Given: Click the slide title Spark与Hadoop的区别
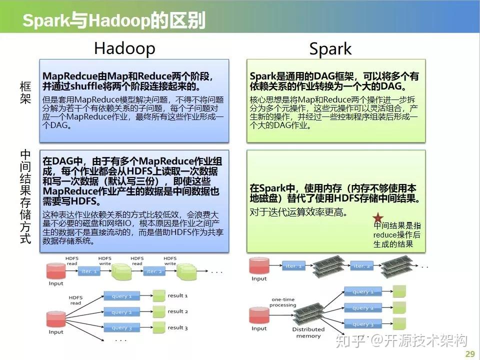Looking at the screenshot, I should [114, 21].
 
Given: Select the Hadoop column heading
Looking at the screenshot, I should [124, 48].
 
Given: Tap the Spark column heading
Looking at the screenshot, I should [330, 49].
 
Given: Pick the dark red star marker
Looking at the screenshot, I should [378, 217].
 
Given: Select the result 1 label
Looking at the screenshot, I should [177, 296].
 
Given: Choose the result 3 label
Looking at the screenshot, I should [177, 328].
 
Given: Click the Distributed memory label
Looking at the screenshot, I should [308, 332].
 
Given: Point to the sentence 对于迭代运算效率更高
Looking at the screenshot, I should [298, 212].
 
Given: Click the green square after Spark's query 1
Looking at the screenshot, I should [399, 291].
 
